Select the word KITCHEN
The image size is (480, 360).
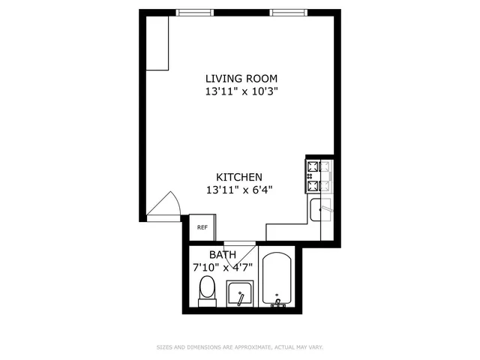tap(238, 176)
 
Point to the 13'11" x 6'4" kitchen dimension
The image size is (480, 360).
tap(238, 190)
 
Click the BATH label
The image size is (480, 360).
tap(222, 255)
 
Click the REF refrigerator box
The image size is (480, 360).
tap(202, 227)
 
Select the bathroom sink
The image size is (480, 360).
tap(240, 293)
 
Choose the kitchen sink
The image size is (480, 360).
tap(320, 210)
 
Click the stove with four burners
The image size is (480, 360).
tap(319, 176)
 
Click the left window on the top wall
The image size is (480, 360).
tap(194, 12)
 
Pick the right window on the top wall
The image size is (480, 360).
tap(288, 12)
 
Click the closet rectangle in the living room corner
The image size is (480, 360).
tap(157, 43)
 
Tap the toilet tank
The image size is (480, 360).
tap(207, 302)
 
